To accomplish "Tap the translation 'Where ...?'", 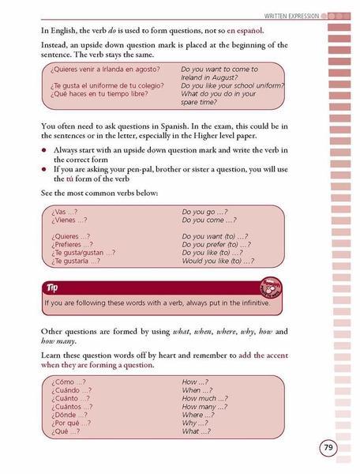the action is (203, 412).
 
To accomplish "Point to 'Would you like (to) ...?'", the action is (216, 261).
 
